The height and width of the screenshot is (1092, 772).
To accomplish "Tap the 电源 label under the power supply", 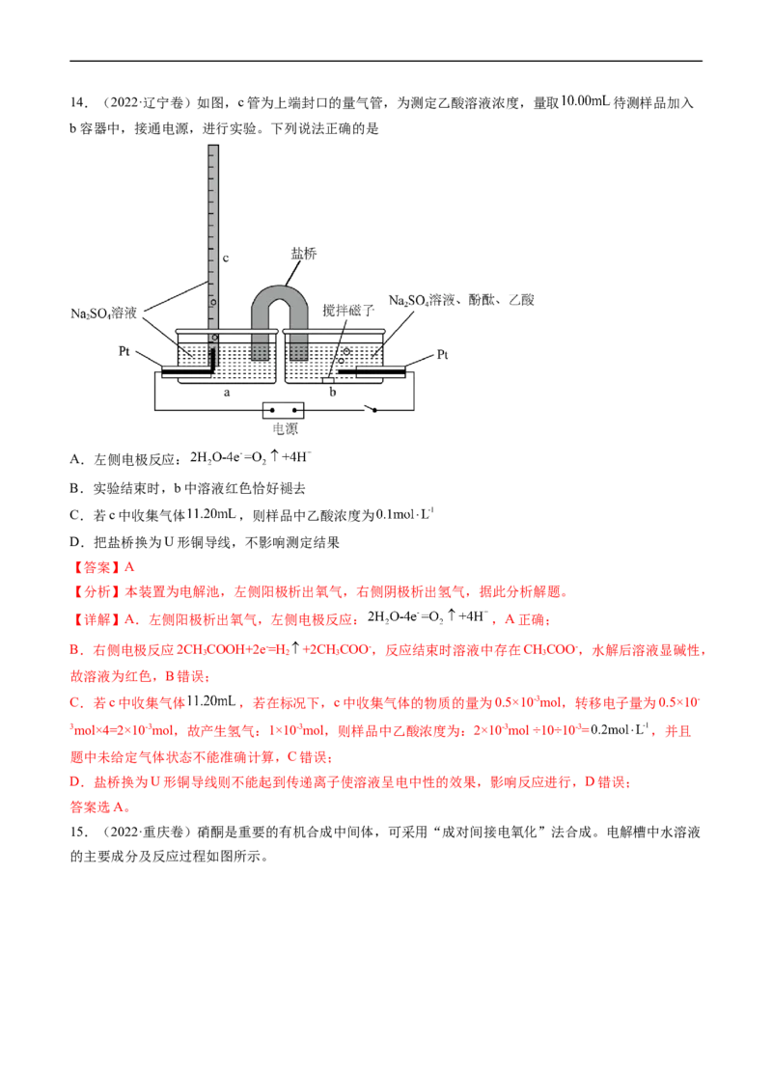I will pos(285,430).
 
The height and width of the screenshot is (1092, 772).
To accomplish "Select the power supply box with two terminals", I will pos(284,409).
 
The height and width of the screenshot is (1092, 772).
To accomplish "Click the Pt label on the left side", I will pos(124,352).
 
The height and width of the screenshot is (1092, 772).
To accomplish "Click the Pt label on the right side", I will pos(443,355).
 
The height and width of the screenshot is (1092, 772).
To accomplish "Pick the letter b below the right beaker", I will pos(334,392).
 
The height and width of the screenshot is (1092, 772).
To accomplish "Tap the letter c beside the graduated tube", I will pos(226,258).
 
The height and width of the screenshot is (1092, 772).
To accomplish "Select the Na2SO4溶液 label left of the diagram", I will pos(105,313).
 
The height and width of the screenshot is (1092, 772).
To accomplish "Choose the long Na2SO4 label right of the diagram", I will pos(462,301).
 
